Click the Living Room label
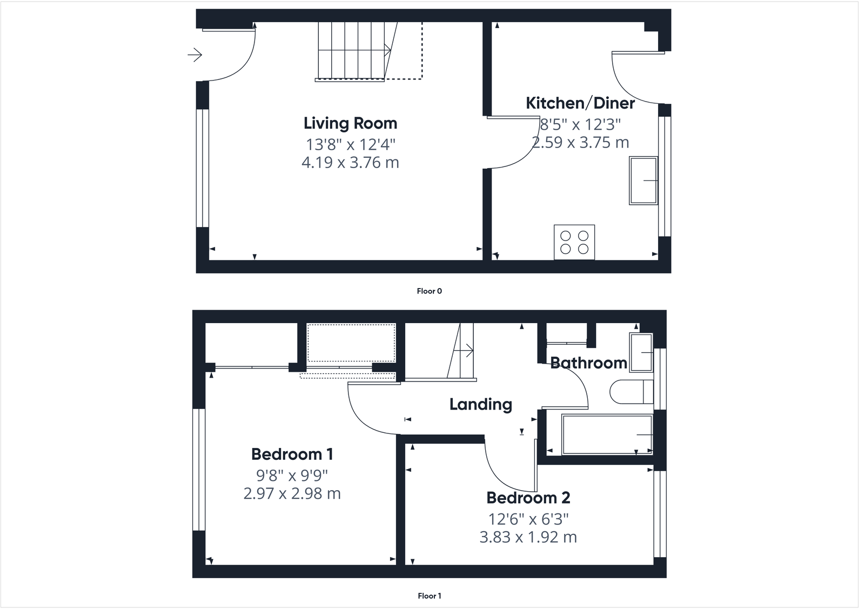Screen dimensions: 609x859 [350, 123]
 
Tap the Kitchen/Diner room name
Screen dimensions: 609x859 [580, 103]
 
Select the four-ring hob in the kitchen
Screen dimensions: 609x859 [574, 242]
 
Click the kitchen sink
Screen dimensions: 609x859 [643, 180]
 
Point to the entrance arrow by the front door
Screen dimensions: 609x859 [194, 55]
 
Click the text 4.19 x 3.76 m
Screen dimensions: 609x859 [350, 162]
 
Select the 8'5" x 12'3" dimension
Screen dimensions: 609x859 [581, 124]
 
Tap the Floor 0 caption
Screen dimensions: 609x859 [429, 291]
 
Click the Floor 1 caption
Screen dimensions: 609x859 [429, 596]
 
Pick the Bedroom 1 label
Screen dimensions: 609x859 [292, 454]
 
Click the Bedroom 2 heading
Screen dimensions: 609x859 [528, 497]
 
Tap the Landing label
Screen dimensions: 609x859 [480, 404]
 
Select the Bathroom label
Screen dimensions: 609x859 [588, 363]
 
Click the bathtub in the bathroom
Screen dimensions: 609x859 [607, 434]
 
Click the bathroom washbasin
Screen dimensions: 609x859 [641, 352]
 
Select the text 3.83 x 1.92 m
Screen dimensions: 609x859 [528, 537]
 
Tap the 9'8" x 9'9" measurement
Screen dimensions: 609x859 [292, 476]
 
